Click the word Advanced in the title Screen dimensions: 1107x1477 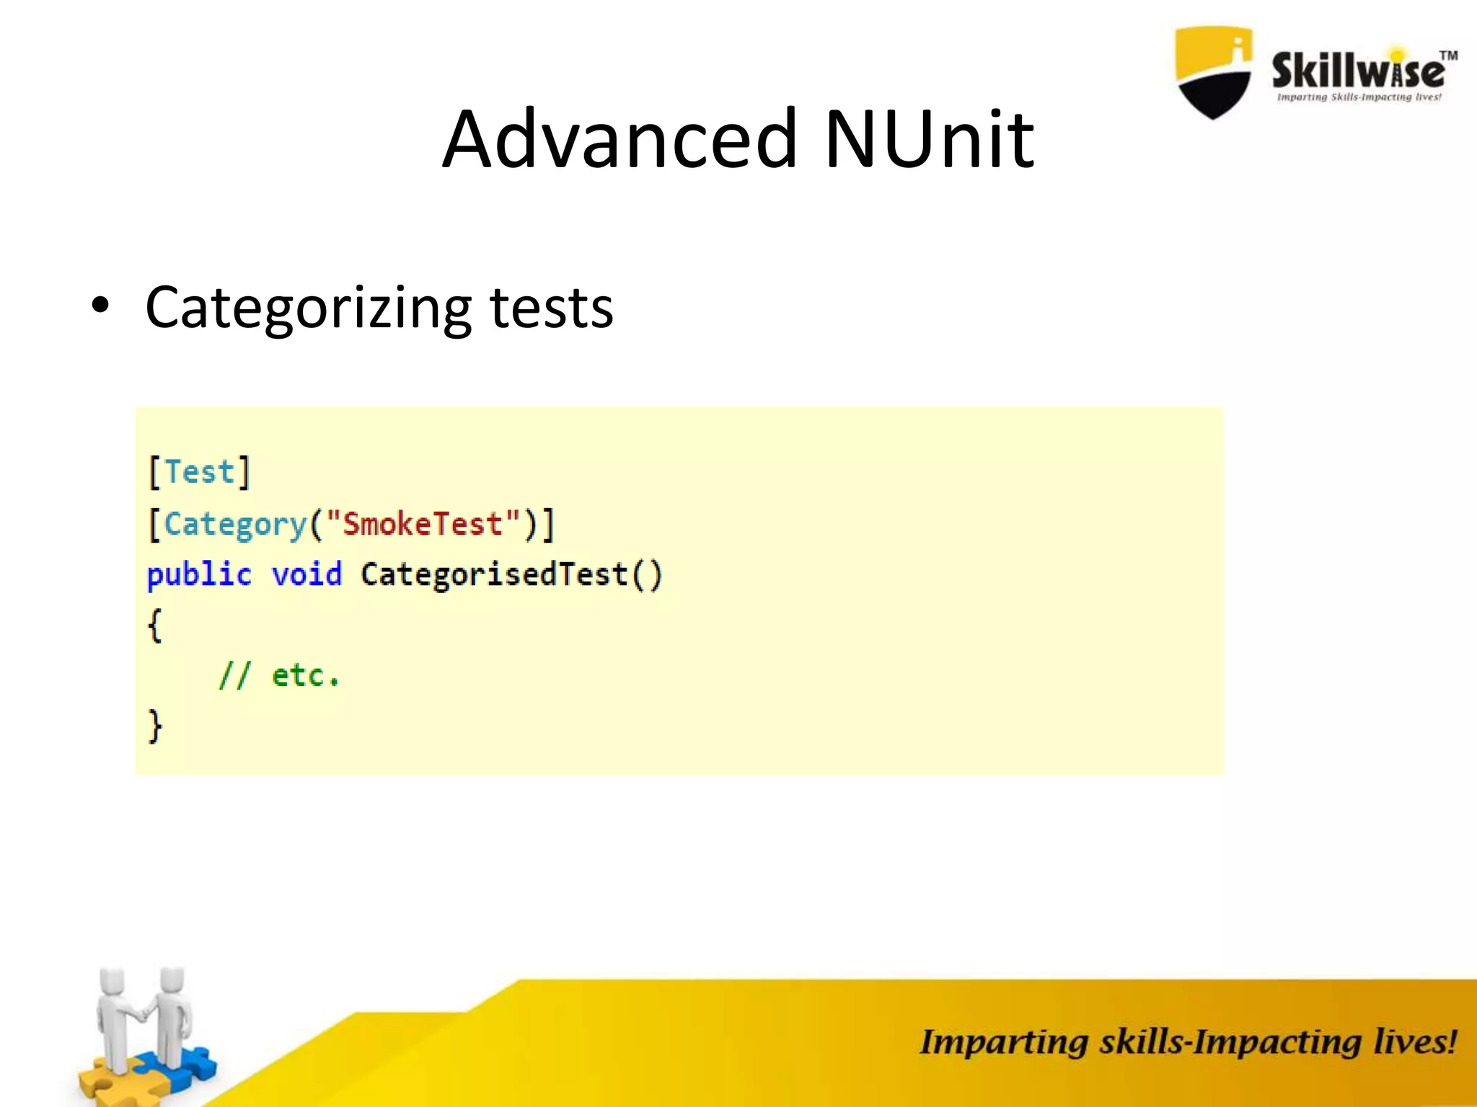point(620,138)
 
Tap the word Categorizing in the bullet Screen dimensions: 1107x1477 point(309,308)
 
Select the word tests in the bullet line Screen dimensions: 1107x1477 point(552,308)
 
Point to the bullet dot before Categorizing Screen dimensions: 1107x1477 point(100,306)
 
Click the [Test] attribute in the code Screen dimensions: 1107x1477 point(199,473)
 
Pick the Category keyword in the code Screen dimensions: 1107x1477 point(236,525)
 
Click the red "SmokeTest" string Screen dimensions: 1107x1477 point(423,524)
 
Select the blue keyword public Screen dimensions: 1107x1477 point(199,575)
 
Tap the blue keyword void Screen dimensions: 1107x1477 point(307,575)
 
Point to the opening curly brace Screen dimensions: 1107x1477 point(154,625)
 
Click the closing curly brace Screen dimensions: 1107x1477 point(155,726)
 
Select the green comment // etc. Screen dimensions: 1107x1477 point(279,676)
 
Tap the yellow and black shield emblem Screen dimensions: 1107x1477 point(1213,72)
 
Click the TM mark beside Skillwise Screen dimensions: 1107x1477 point(1448,55)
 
